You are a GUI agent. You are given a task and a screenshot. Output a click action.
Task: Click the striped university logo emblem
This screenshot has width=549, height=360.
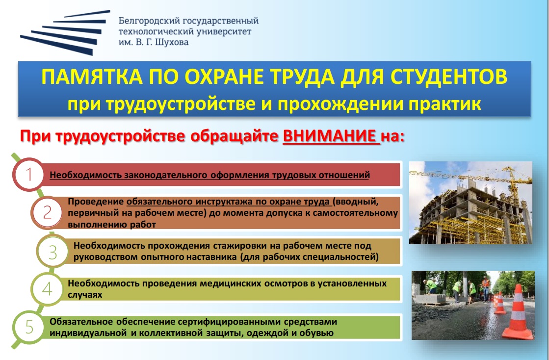(x=65, y=32)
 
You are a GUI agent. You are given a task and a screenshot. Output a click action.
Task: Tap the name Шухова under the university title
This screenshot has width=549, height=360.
(x=172, y=42)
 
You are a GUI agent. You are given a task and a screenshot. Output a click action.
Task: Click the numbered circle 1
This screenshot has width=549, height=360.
(x=29, y=174)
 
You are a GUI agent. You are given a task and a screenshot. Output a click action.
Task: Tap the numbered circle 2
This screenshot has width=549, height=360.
(x=47, y=212)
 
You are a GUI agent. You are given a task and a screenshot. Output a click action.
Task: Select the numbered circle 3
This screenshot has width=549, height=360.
(x=52, y=251)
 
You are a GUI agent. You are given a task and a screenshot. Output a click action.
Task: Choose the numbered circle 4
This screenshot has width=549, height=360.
(x=47, y=289)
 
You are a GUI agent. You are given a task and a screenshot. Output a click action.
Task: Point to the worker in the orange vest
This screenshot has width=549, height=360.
(x=485, y=288)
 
